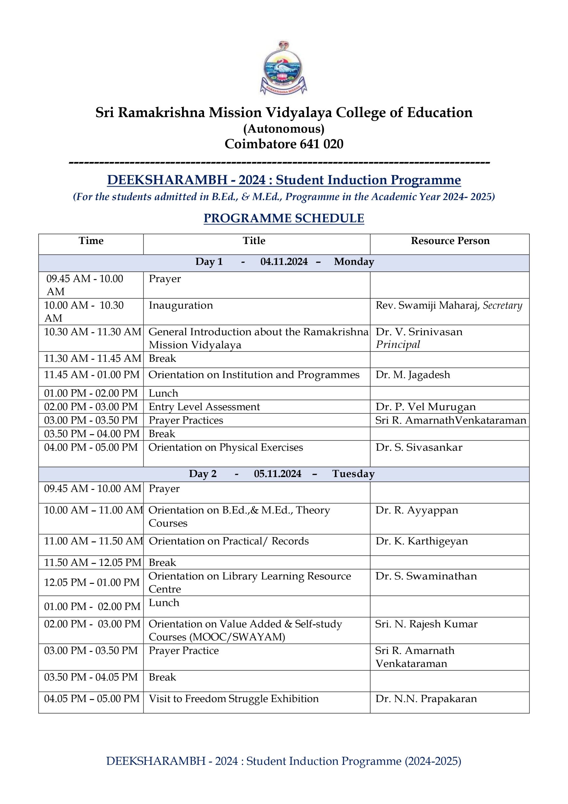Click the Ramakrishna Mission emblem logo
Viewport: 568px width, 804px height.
coord(283,68)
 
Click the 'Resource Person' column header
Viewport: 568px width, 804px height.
coord(450,241)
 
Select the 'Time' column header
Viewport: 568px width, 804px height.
coord(91,241)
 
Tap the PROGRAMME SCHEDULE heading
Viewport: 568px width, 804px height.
coord(284,218)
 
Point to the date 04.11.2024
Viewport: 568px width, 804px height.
coord(284,262)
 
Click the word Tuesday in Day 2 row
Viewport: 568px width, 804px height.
coord(353,474)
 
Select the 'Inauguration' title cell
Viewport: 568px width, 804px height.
coord(180,305)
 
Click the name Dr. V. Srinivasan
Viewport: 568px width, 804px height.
coord(419,332)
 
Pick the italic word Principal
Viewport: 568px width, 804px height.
coord(398,345)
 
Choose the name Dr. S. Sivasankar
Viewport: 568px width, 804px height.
coord(419,447)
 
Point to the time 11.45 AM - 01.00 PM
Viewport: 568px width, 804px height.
coord(92,375)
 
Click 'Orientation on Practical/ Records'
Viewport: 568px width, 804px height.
coord(228,541)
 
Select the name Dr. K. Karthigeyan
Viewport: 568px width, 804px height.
coord(421,541)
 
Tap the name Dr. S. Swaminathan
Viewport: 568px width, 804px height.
coord(426,576)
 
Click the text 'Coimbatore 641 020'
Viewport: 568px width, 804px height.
coord(284,144)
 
